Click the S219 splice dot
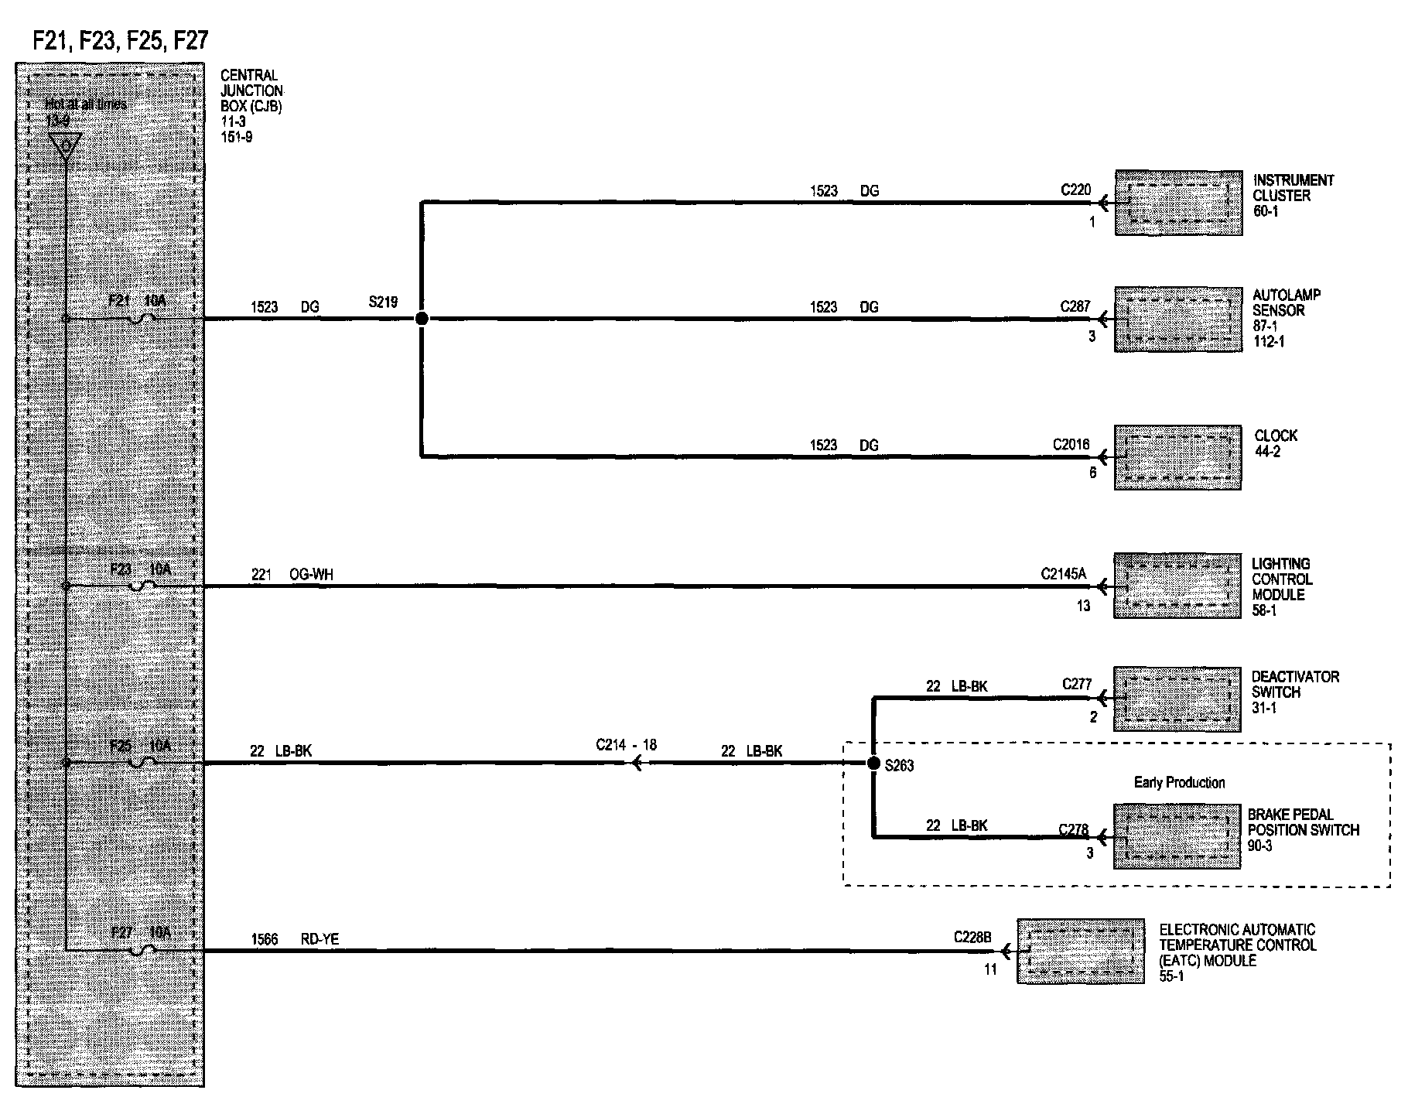click(x=421, y=318)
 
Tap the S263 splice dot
click(x=873, y=764)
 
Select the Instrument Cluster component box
click(x=1178, y=203)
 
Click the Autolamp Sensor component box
click(x=1177, y=320)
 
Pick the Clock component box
click(x=1177, y=456)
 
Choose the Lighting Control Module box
click(x=1177, y=586)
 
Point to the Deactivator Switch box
click(x=1177, y=699)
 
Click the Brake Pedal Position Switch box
click(x=1177, y=836)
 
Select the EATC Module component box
click(x=1080, y=951)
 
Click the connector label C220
click(x=1075, y=190)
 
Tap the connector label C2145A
click(x=1063, y=574)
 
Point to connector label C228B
click(x=972, y=938)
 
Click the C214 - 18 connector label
click(x=626, y=745)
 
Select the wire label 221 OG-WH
click(x=292, y=575)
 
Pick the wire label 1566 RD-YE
click(x=295, y=939)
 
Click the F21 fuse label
click(x=118, y=300)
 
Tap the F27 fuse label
click(x=121, y=932)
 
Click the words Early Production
click(x=1179, y=782)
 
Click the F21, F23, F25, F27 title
click(x=121, y=40)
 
